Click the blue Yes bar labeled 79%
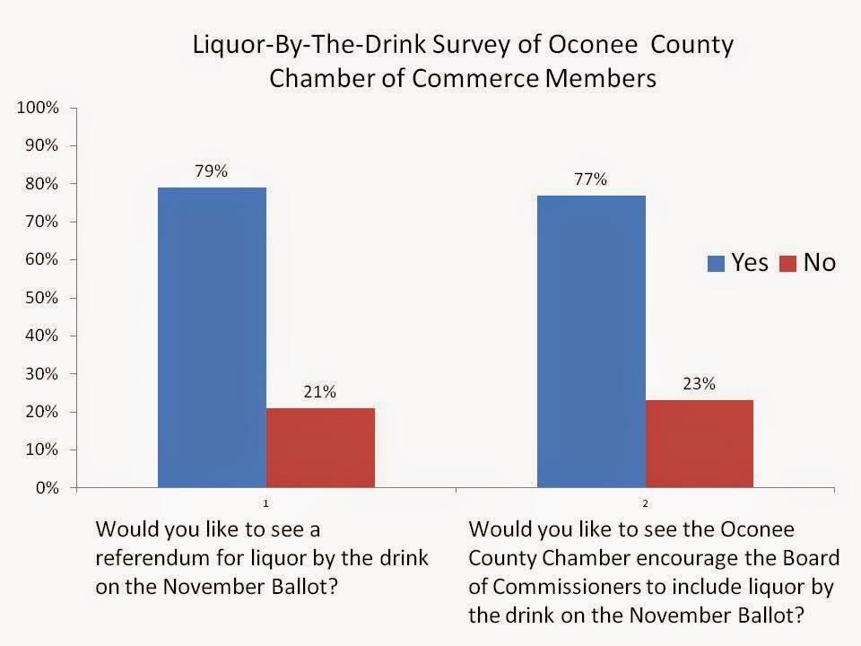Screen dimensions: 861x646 [212, 337]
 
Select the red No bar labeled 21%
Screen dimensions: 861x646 [321, 448]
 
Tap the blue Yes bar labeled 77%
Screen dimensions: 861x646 [591, 341]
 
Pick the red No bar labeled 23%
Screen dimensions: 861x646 [700, 444]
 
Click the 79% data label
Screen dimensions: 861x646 [212, 171]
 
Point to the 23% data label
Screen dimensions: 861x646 [699, 383]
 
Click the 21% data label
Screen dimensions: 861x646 [319, 392]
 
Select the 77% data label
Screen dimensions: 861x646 [591, 179]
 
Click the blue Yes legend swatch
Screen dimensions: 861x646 [716, 264]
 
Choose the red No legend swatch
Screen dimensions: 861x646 [788, 264]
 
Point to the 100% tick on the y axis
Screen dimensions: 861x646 [38, 107]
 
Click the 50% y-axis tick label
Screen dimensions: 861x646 [42, 298]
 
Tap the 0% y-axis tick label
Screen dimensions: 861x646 [47, 488]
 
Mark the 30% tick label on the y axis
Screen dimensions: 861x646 [42, 373]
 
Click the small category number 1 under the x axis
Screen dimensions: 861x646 [265, 503]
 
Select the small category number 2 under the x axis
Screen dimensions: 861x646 [645, 503]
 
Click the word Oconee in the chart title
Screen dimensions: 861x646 [593, 44]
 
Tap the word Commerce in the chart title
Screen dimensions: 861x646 [475, 78]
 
